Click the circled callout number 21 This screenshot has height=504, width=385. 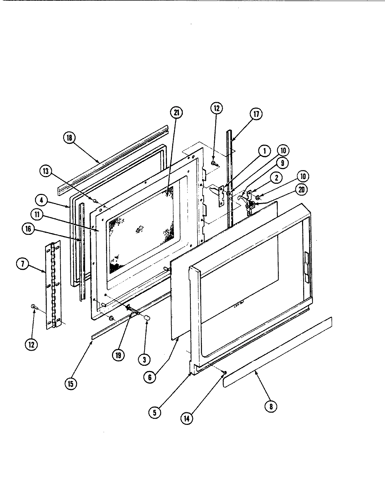(x=176, y=113)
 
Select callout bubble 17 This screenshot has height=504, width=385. (x=256, y=114)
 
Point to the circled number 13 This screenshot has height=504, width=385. (x=46, y=171)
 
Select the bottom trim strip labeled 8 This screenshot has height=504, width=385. (x=278, y=352)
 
